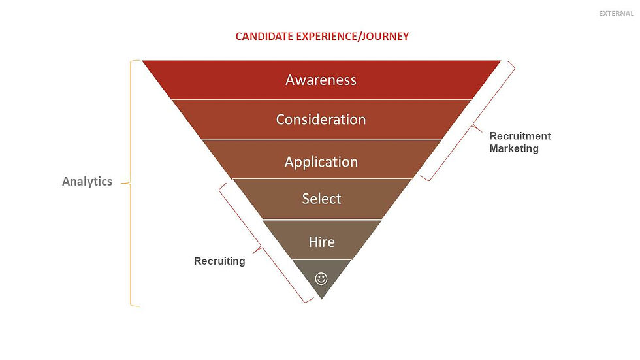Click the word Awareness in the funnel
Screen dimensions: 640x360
pos(321,80)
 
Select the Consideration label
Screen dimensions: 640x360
pos(321,120)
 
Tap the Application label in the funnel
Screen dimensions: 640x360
pos(321,162)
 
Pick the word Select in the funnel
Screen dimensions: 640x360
pos(321,199)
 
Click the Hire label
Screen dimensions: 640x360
pos(321,242)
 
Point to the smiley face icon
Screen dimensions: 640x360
pos(321,278)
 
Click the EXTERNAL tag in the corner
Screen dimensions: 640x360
pos(615,14)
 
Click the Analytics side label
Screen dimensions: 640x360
pos(87,182)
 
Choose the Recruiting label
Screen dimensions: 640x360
pos(219,261)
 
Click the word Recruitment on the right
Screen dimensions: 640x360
pos(520,136)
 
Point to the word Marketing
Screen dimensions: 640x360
pos(514,148)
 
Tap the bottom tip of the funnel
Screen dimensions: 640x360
pos(321,297)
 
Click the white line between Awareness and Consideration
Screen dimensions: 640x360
pos(321,99)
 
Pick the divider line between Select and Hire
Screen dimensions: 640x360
pos(321,220)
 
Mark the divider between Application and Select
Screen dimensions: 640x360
pos(321,178)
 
